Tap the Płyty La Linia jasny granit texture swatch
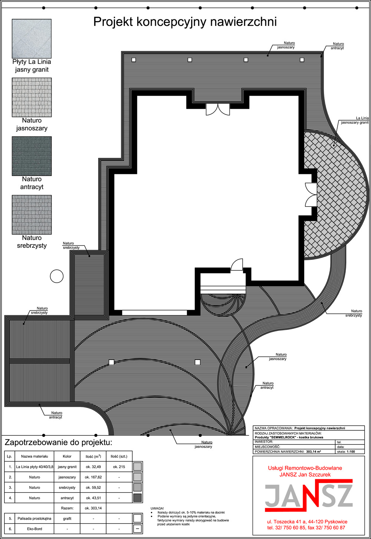[x=32, y=39]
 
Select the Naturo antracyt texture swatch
[x=32, y=156]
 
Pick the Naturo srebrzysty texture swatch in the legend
[x=32, y=215]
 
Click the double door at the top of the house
[x=218, y=109]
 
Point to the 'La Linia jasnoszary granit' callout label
[x=355, y=120]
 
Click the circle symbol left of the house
[x=57, y=276]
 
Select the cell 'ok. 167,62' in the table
[x=93, y=477]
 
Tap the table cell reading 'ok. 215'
[x=119, y=467]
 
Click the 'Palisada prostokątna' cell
[x=35, y=518]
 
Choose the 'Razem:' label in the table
[x=67, y=508]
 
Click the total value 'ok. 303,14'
[x=93, y=508]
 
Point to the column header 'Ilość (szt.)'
[x=119, y=456]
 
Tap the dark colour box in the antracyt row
[x=137, y=497]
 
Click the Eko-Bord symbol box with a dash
[x=137, y=529]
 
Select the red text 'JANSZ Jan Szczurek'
[x=305, y=474]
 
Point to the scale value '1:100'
[x=351, y=451]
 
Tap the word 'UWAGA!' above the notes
[x=157, y=508]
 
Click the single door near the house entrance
[x=237, y=264]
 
